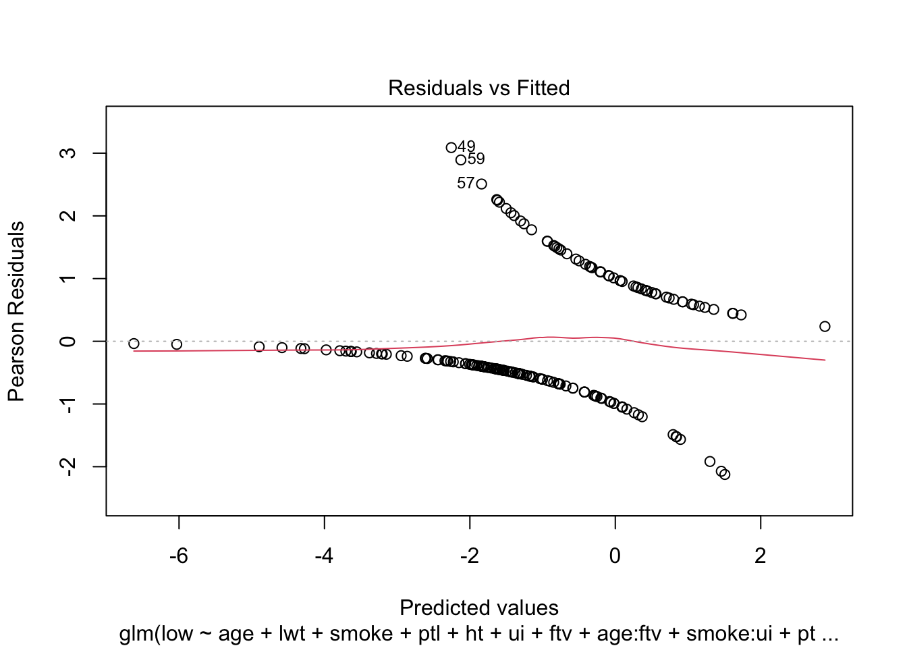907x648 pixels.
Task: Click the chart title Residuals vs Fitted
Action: coord(478,88)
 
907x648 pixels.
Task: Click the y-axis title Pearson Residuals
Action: coord(16,311)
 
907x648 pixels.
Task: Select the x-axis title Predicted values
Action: coord(478,607)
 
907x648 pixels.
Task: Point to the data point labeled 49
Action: coord(451,148)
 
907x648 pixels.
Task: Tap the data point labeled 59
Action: coord(461,160)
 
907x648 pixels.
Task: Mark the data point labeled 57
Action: coord(481,184)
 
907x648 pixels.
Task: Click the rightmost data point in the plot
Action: coord(825,327)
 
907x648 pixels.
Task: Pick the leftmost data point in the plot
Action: coord(134,344)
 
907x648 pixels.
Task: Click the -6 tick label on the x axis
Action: coord(179,556)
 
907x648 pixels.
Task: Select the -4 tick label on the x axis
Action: coord(325,556)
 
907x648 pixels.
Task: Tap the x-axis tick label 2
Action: coord(761,556)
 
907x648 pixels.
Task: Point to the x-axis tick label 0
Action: coord(615,556)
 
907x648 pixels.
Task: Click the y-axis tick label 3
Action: coord(67,153)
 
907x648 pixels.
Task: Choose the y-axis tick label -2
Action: coord(67,466)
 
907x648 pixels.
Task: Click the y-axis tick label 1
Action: coord(67,279)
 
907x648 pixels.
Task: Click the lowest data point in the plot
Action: coord(725,475)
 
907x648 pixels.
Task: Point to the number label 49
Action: coord(466,146)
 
